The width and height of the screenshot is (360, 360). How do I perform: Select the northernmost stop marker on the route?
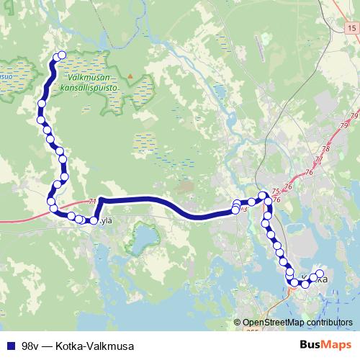(x=61, y=55)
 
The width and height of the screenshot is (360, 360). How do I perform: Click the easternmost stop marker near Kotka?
(x=320, y=274)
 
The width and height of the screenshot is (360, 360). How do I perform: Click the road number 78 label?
(x=326, y=148)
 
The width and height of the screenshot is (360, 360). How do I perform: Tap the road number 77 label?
(x=318, y=159)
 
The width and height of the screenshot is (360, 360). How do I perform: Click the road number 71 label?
(x=92, y=202)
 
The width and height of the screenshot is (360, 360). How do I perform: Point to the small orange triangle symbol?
(x=130, y=75)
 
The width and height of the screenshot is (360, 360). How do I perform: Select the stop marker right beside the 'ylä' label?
(x=93, y=220)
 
